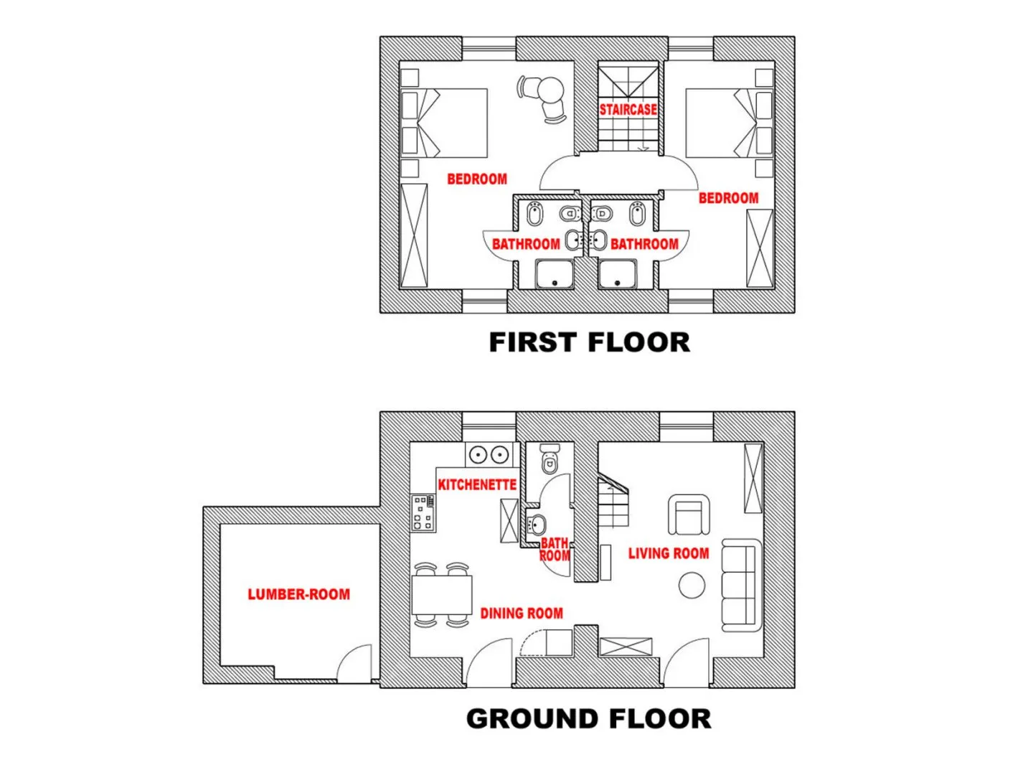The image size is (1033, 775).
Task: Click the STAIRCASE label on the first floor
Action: pos(628,109)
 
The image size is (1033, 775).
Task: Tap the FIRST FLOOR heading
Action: pos(589,342)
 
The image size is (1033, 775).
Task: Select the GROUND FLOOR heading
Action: pos(588,718)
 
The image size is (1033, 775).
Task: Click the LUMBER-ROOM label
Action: pos(299,594)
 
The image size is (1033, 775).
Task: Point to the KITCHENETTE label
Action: pos(477,484)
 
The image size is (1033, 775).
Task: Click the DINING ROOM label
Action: pos(522,613)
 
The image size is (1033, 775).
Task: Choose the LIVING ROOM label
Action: pos(669,553)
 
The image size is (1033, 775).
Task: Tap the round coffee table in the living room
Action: pos(692,585)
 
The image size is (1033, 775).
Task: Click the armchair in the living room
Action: pos(689,514)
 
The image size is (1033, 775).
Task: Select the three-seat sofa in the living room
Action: pos(742,585)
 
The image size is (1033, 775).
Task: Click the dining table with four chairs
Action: pos(441,594)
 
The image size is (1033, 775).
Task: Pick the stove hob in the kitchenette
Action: pos(423,513)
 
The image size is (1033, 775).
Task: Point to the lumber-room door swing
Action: pos(354,662)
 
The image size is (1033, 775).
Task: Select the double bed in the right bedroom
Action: pos(730,123)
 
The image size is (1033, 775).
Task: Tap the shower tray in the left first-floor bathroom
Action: pos(555,274)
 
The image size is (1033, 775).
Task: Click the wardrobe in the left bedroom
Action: pos(414,235)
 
